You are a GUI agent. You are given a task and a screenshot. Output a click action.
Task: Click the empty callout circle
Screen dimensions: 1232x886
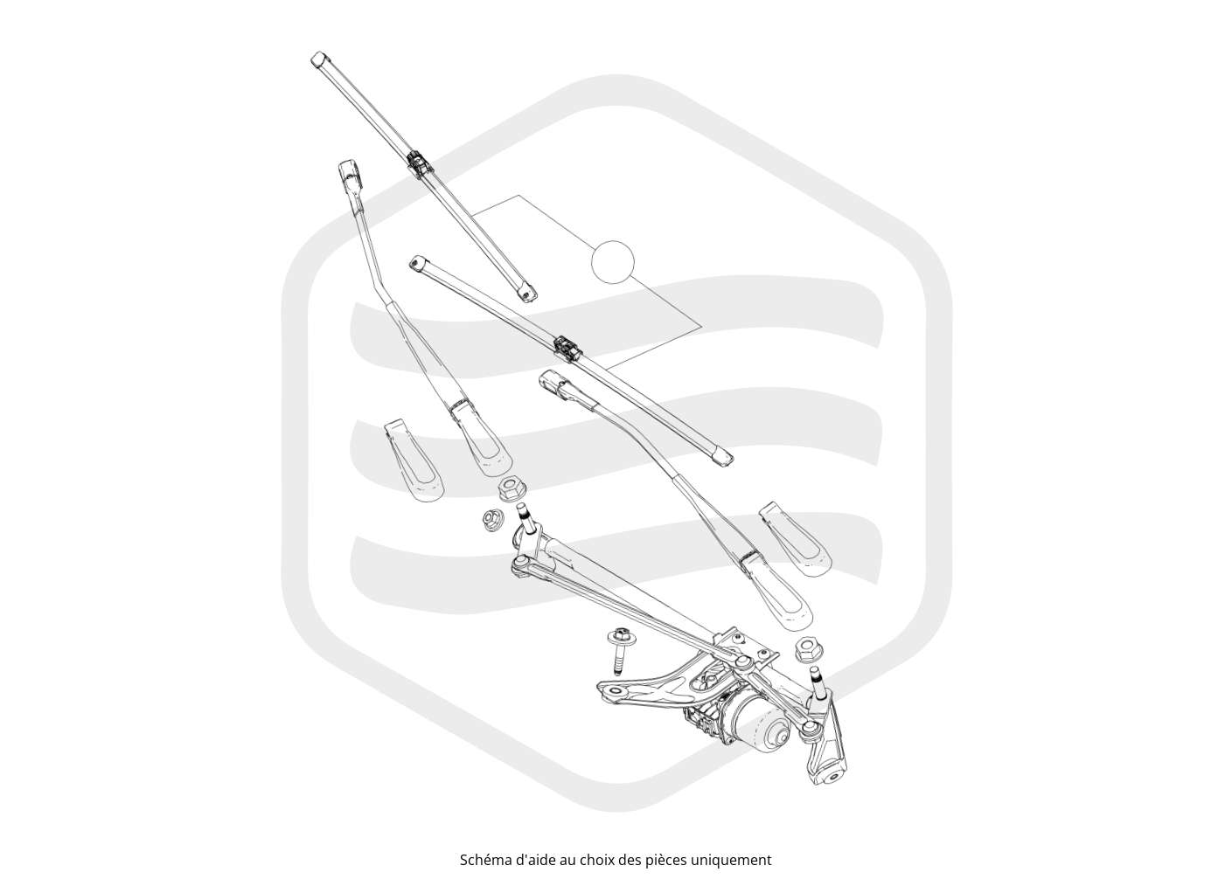click(x=613, y=261)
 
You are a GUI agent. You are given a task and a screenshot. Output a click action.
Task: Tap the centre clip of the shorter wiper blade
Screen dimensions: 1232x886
click(x=568, y=347)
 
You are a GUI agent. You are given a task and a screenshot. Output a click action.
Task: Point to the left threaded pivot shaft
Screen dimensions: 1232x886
click(x=526, y=518)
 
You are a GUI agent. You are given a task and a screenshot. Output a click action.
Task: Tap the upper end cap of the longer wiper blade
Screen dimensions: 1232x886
click(x=320, y=59)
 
